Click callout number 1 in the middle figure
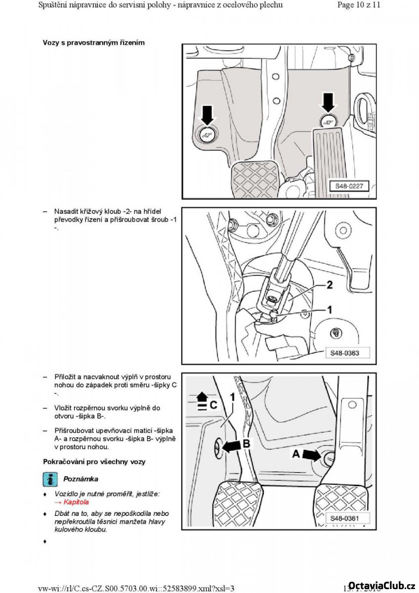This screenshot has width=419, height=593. (330, 310)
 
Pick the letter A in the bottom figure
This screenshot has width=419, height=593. (296, 453)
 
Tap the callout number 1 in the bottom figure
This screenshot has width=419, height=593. (232, 396)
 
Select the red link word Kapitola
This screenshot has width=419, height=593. (74, 502)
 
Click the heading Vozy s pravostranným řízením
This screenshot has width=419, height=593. (93, 42)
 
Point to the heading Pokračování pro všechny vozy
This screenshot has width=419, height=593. (94, 462)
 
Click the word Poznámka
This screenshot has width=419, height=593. (81, 479)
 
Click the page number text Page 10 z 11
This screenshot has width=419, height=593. (359, 5)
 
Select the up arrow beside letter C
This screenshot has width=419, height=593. (201, 396)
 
